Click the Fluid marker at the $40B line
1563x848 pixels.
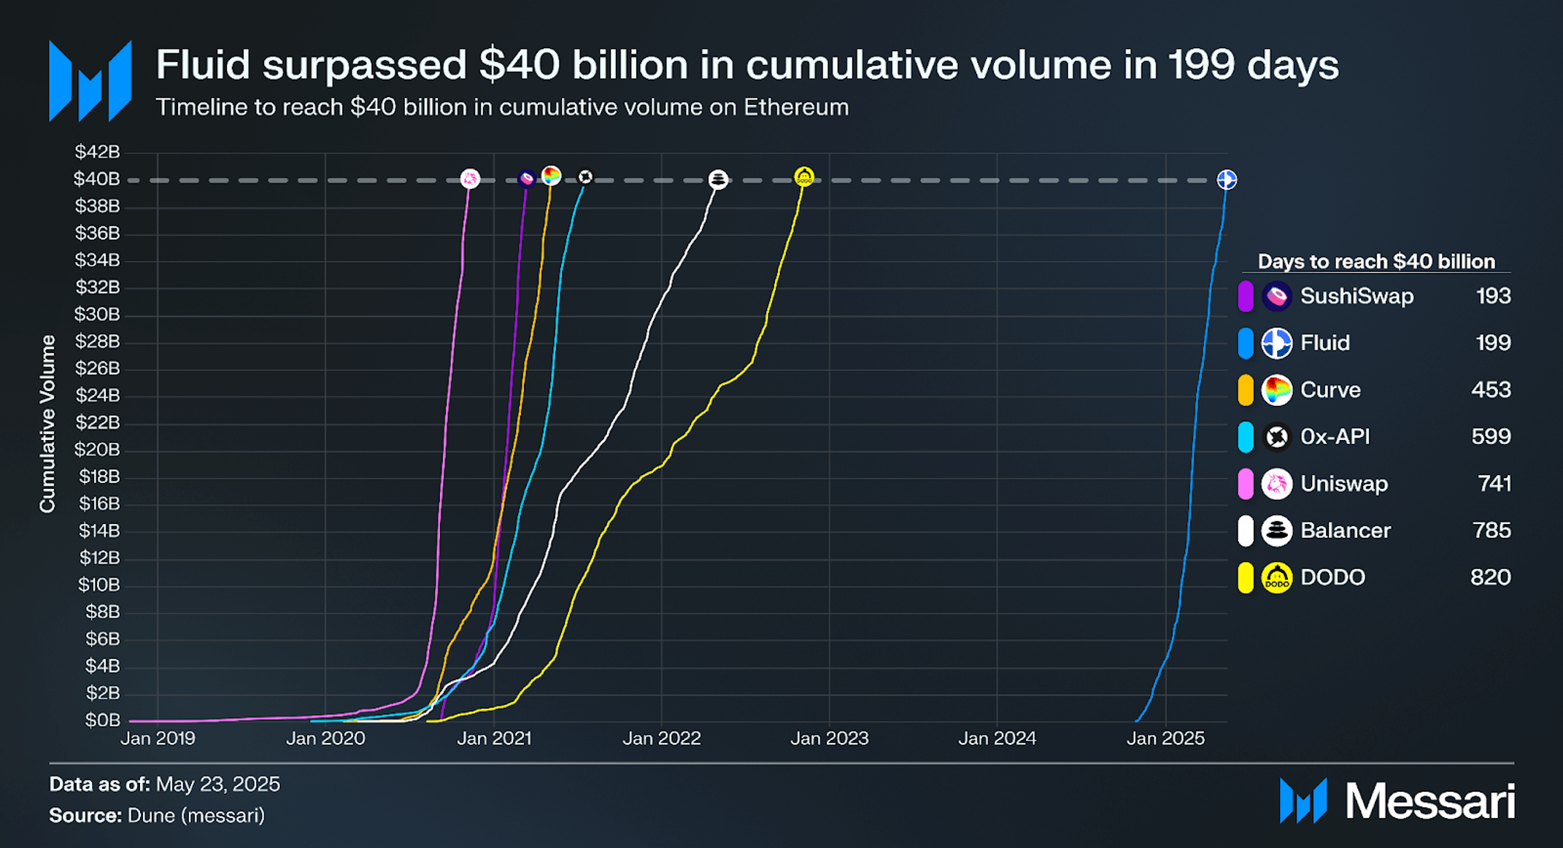(x=1227, y=180)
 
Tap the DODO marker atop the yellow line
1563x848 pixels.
(x=803, y=177)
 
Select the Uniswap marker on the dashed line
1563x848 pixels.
(x=470, y=178)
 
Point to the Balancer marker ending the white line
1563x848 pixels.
(x=718, y=180)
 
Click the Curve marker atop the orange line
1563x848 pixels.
(x=551, y=176)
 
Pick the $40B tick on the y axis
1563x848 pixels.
(x=96, y=180)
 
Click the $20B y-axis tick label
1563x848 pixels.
(x=96, y=450)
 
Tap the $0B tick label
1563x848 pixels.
(x=102, y=720)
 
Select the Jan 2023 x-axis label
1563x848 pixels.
(x=829, y=739)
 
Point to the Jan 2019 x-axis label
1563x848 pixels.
(x=158, y=739)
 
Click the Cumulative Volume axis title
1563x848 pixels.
(x=47, y=424)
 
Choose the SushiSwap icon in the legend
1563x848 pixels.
(x=1276, y=296)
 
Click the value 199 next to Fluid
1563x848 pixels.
(x=1492, y=343)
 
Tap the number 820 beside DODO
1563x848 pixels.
(x=1490, y=577)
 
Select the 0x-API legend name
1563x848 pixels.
(x=1335, y=436)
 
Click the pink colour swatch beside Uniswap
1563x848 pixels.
(x=1246, y=484)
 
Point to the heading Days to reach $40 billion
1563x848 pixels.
(x=1376, y=261)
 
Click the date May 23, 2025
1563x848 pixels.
(x=217, y=785)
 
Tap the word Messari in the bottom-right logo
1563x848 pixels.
(x=1429, y=801)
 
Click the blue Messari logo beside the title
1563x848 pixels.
(x=90, y=81)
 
